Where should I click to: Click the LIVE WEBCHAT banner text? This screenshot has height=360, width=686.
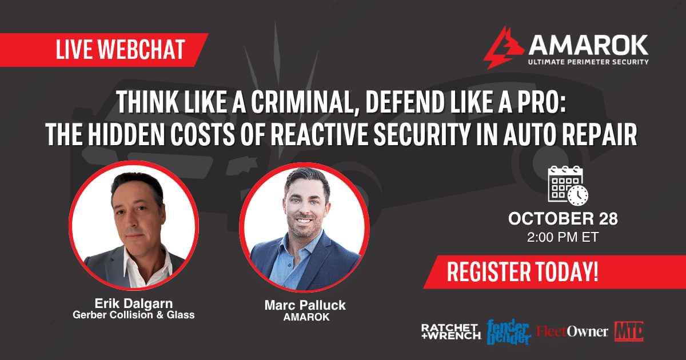(121, 49)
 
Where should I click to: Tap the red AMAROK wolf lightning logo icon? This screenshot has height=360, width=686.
(504, 48)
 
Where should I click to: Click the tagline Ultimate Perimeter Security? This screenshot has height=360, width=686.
(588, 62)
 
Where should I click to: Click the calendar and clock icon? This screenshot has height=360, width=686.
(568, 186)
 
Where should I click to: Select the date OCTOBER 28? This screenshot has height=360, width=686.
(563, 218)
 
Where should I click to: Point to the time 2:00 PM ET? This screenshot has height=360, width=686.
(563, 237)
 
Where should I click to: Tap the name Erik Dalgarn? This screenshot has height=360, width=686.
(134, 303)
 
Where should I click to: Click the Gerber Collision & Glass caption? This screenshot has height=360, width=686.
(134, 315)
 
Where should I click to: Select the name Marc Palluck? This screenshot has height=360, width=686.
(305, 305)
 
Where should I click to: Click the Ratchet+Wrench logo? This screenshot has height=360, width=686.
(451, 331)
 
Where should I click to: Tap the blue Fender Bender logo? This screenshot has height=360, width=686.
(509, 332)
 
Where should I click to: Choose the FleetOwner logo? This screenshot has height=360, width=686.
(572, 331)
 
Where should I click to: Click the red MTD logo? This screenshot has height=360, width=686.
(629, 331)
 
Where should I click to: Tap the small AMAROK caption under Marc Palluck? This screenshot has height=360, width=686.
(306, 317)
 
